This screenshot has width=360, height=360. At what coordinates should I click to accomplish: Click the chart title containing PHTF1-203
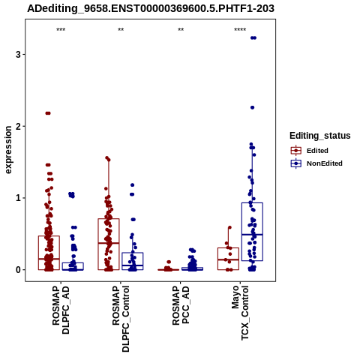tap(151, 8)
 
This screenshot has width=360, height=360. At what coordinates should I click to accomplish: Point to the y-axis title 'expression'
tap(8, 150)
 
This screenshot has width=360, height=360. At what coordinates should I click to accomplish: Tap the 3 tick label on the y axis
tap(18, 55)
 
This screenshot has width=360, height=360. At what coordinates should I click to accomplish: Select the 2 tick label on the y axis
tap(18, 126)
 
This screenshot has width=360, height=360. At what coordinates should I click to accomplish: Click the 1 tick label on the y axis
tap(18, 198)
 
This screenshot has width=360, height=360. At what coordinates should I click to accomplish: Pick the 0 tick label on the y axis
tap(18, 270)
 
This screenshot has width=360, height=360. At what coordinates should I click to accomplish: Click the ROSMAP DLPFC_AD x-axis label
tap(61, 310)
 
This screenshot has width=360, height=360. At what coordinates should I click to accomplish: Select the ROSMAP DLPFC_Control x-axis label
tap(121, 319)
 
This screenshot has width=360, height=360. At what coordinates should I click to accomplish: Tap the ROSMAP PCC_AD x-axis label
tap(181, 305)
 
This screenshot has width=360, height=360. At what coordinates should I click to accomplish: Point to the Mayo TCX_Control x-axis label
tap(240, 313)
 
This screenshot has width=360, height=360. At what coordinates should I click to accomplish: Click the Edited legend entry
tap(310, 151)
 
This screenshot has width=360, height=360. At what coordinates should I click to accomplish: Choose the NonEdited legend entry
tap(316, 163)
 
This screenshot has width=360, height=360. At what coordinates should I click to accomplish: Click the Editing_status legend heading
tap(320, 136)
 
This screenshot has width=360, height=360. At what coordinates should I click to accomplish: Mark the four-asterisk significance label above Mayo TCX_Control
tap(240, 30)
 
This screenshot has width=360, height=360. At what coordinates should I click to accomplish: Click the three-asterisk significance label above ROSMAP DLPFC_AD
tap(61, 30)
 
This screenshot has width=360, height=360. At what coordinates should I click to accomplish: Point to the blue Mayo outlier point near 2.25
tap(252, 107)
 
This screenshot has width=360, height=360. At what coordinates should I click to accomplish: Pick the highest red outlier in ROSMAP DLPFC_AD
tap(48, 113)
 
